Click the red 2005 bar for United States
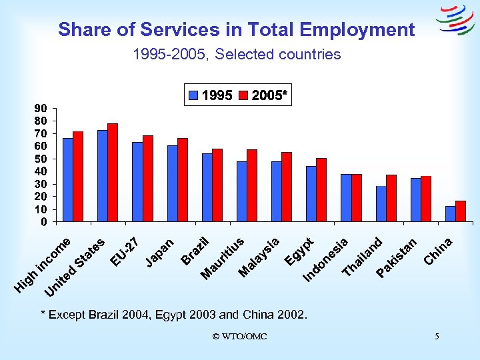tap(113, 173)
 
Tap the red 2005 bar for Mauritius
tap(252, 185)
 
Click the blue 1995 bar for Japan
tap(172, 183)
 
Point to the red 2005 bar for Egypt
tap(321, 190)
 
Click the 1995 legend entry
tap(211, 96)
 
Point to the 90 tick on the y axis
tap(41, 108)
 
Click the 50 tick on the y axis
tap(41, 159)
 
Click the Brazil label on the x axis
tap(197, 250)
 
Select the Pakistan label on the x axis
tap(397, 257)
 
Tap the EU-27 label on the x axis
tap(124, 251)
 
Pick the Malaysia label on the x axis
tap(259, 257)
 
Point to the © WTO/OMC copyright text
tap(239, 337)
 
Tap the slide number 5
tap(437, 337)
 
